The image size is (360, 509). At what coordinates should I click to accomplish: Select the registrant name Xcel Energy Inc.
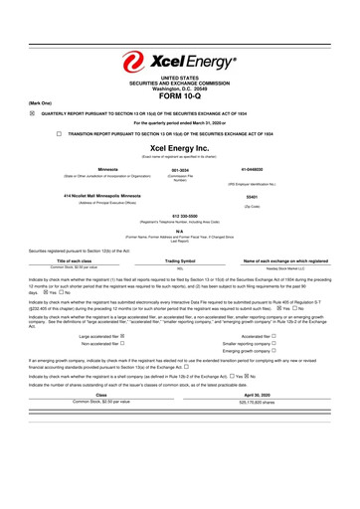coord(179,147)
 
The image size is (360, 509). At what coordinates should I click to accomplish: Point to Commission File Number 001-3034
coord(179,169)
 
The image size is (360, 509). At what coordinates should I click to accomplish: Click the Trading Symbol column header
coord(179,261)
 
